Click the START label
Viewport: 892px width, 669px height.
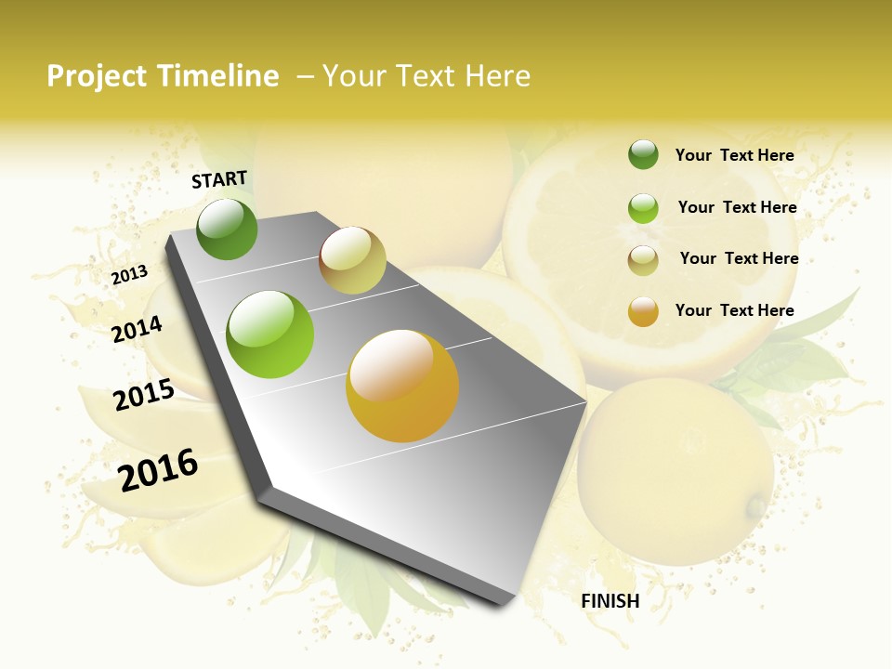coord(219,179)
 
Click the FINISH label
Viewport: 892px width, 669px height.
coord(610,601)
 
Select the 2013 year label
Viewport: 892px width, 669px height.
coord(130,275)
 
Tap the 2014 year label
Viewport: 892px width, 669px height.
coord(137,329)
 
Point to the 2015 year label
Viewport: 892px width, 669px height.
coord(144,395)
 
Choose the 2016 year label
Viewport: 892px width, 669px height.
coord(158,469)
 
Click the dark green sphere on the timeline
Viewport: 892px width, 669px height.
coord(227,230)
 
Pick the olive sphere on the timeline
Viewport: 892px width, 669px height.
coord(352,260)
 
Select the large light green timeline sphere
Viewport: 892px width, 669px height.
coord(270,334)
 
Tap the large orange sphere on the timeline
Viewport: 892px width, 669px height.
coord(402,386)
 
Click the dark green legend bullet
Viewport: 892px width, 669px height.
coord(643,155)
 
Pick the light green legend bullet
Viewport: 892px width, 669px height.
coord(643,208)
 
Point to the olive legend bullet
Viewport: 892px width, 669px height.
coord(643,260)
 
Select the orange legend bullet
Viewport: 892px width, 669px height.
coord(643,311)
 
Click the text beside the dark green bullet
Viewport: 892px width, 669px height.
coord(734,155)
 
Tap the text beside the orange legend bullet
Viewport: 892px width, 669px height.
coord(734,310)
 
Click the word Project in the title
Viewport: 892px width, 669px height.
coord(97,76)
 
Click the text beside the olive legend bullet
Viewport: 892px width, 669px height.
coord(739,258)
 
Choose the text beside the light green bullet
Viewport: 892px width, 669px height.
coord(737,207)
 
